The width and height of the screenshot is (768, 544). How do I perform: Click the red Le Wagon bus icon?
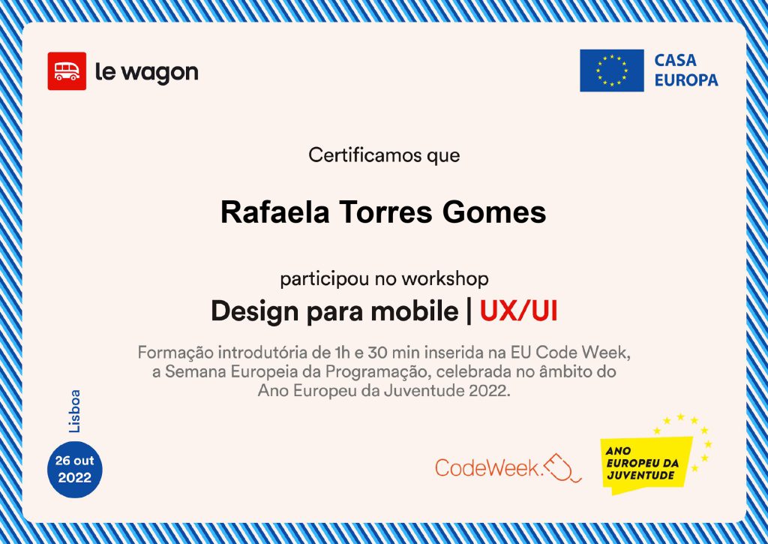click(67, 71)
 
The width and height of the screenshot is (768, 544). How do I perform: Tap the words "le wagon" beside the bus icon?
click(146, 73)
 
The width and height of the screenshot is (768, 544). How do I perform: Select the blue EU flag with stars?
click(612, 71)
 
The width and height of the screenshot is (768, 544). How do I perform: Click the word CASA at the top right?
click(675, 60)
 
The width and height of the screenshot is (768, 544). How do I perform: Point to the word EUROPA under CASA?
click(686, 80)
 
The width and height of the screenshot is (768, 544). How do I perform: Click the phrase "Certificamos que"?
click(384, 155)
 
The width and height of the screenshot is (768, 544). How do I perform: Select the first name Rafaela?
click(274, 212)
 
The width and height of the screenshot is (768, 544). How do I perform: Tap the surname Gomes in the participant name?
click(494, 212)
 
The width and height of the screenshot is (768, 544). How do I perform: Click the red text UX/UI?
click(519, 311)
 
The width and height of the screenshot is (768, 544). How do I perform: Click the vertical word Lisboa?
click(74, 411)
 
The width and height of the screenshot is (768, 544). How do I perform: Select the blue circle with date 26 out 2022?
click(74, 470)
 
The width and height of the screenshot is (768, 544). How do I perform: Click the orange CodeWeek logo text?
click(487, 467)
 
